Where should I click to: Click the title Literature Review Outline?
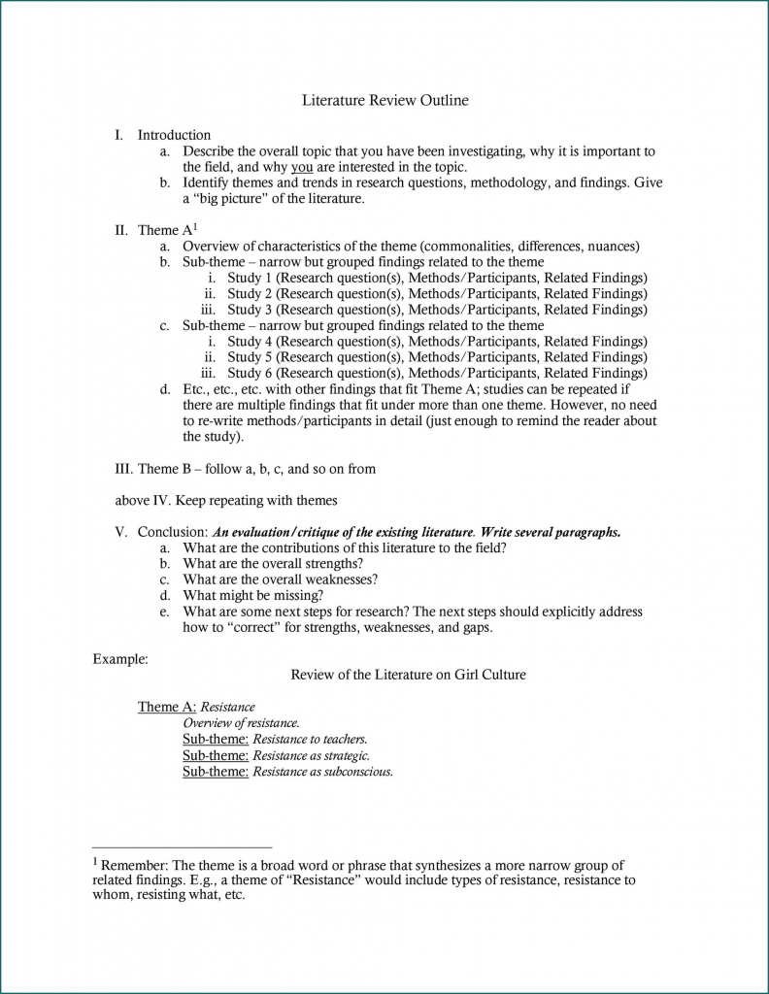tap(384, 100)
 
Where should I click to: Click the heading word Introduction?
tap(174, 135)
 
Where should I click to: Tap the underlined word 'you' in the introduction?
tap(301, 167)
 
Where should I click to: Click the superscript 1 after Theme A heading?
tap(194, 226)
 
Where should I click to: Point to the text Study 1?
tap(250, 278)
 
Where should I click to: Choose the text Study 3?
tap(250, 310)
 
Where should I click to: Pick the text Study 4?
tap(250, 342)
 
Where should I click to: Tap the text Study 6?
tap(250, 373)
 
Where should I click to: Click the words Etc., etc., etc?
tap(218, 389)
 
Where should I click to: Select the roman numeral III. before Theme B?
tap(123, 469)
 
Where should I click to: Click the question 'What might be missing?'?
tap(253, 596)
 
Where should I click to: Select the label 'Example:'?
tap(119, 659)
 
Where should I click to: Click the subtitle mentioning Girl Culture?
tap(408, 675)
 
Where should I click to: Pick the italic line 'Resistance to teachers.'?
tap(310, 739)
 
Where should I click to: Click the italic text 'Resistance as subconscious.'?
tap(322, 772)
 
